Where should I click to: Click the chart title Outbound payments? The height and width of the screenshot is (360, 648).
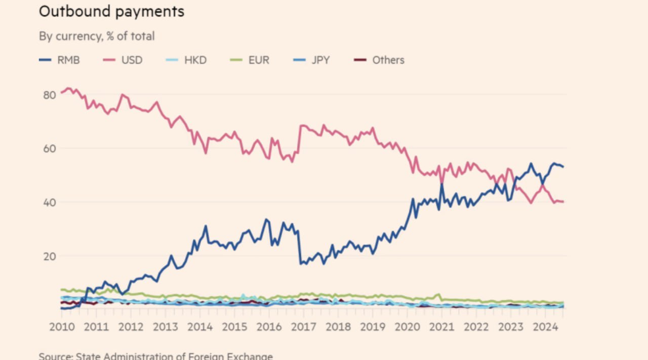[111, 12]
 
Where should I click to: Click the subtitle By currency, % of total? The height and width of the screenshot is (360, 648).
[97, 36]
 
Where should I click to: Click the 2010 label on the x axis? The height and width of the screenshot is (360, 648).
[62, 327]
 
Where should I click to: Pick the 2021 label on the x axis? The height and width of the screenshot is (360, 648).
[441, 327]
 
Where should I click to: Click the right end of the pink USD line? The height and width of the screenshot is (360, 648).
[563, 202]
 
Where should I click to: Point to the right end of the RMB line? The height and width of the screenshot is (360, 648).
[563, 167]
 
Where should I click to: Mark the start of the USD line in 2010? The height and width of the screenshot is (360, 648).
[61, 92]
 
